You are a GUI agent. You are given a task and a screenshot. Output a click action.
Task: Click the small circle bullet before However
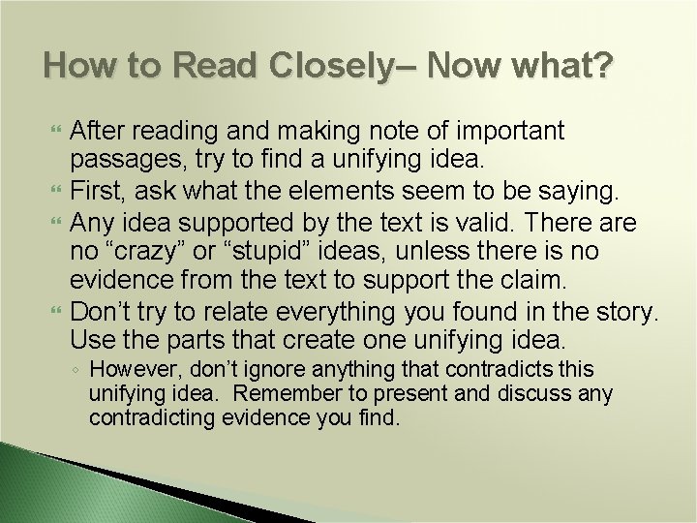(76, 371)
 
